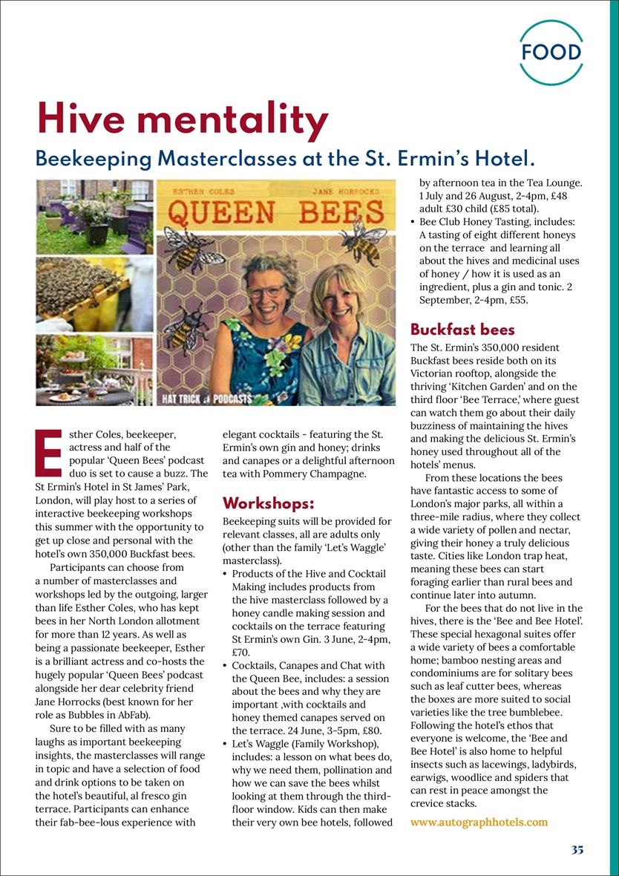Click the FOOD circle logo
[550, 53]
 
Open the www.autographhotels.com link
[479, 822]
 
